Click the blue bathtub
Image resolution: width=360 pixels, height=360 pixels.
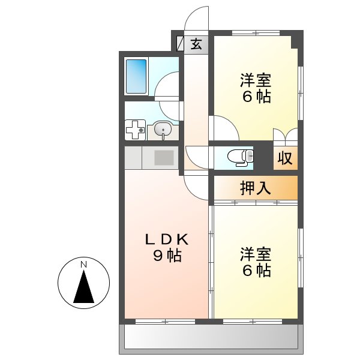coord(136,76)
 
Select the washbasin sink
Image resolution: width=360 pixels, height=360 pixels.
coord(162,128)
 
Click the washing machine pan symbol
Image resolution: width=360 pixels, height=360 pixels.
coord(135,129)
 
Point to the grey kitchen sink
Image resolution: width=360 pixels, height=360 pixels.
coord(164,158)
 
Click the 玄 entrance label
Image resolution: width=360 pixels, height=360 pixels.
coord(196,44)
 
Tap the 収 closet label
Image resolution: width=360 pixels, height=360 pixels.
coord(284,159)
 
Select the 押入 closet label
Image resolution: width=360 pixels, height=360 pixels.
coord(255,188)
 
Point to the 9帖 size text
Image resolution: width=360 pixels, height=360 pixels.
coord(167,256)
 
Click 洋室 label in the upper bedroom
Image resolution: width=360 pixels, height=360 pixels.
coord(256,80)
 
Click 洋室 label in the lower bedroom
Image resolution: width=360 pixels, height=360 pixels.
coord(256,253)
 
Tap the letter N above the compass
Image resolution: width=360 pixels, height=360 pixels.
coord(84,264)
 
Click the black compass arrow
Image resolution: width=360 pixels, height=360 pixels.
coord(84,287)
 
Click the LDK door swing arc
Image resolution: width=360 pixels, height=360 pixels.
coord(197,185)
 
